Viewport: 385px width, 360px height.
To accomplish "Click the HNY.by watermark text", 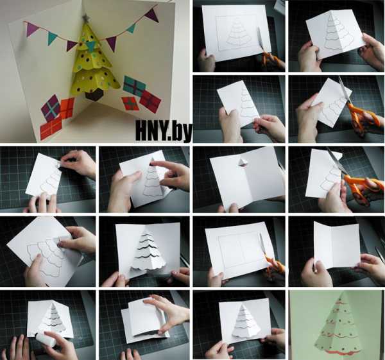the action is click(164, 132).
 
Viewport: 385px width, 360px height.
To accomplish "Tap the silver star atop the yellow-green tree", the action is click(87, 18).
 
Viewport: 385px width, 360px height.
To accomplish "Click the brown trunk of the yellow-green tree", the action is click(94, 94).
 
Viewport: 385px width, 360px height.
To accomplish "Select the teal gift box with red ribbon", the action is click(134, 86).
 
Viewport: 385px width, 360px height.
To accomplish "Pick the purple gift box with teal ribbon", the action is click(51, 108).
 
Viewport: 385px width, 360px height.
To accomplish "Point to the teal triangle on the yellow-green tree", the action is click(91, 46).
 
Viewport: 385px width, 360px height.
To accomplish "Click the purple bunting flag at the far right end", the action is click(151, 15).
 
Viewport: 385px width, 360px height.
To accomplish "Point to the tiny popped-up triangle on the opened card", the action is click(242, 162).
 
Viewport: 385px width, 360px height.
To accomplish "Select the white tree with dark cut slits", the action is click(148, 252).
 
